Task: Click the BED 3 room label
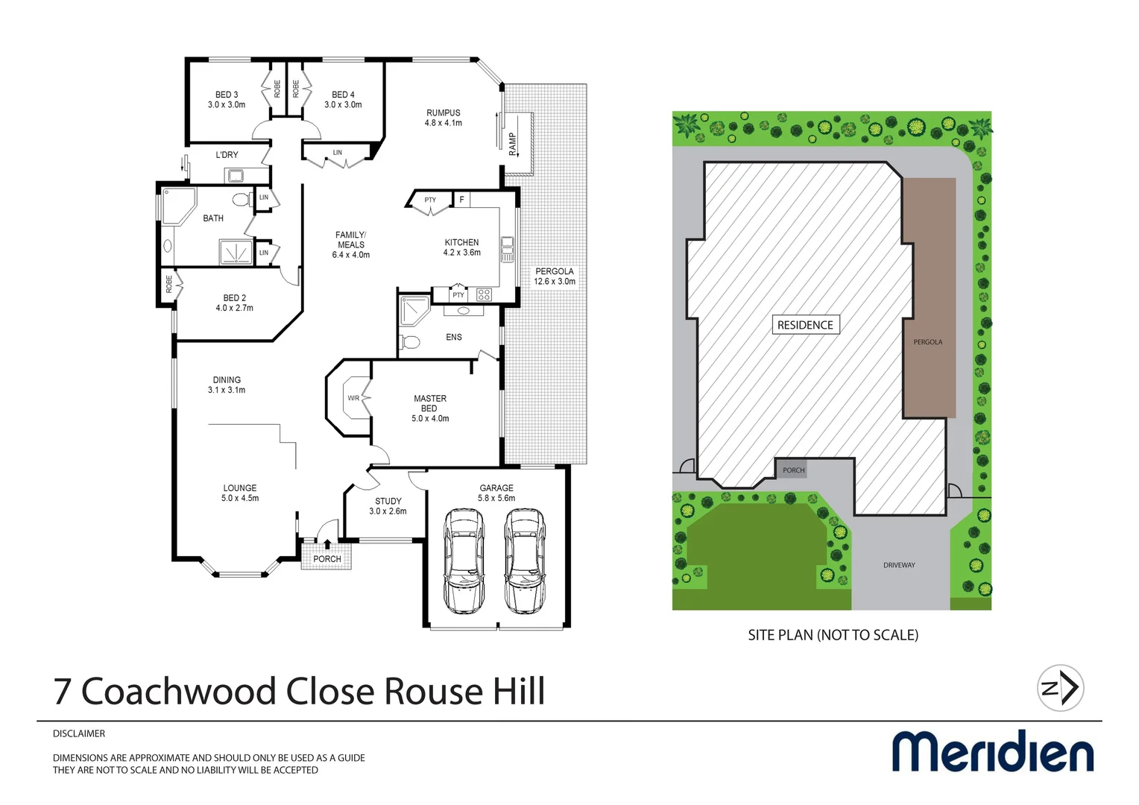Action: click(x=227, y=100)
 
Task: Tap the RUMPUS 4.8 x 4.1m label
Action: click(x=444, y=118)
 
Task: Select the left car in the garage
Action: click(x=463, y=560)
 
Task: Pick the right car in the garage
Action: click(x=524, y=560)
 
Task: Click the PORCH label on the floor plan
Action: click(x=327, y=559)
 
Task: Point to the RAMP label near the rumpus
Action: click(x=513, y=143)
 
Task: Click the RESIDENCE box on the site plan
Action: click(x=805, y=325)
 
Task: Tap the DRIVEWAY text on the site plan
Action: click(x=899, y=565)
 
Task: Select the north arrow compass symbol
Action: click(x=1061, y=688)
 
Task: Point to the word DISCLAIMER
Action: click(x=79, y=733)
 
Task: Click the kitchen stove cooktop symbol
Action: click(x=484, y=294)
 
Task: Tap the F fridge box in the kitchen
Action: click(x=461, y=200)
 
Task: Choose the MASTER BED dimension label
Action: click(x=430, y=408)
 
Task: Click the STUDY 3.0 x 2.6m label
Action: click(x=388, y=506)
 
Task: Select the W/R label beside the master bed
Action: click(x=353, y=398)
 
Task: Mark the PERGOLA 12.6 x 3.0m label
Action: click(x=555, y=277)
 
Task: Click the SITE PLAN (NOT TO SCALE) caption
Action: click(x=833, y=635)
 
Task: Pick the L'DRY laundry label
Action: click(x=227, y=155)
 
